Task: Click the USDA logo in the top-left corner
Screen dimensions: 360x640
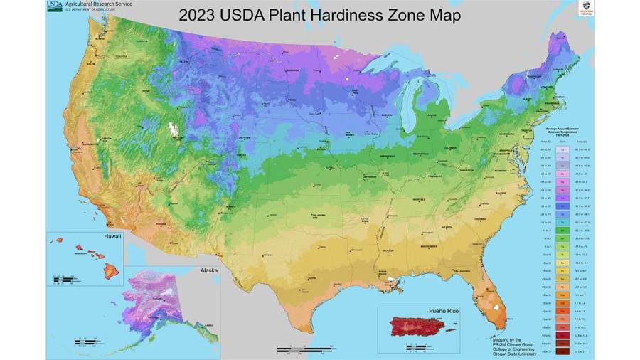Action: (x=54, y=6)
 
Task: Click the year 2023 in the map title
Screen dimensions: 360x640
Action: (x=201, y=14)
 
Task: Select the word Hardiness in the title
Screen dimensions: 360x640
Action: (x=324, y=14)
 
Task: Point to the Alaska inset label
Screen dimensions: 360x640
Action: (x=208, y=270)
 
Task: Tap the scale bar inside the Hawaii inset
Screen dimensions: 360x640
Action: (x=64, y=278)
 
